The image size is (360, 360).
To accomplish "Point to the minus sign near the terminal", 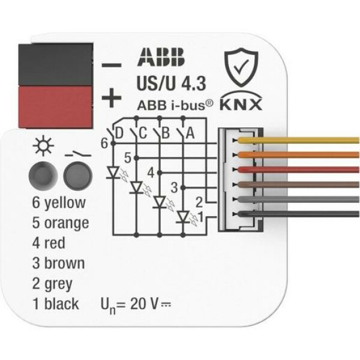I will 113,64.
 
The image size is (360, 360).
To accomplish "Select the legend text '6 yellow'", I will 59,203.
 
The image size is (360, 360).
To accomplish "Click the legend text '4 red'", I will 49,243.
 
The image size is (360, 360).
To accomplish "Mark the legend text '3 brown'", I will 58,263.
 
